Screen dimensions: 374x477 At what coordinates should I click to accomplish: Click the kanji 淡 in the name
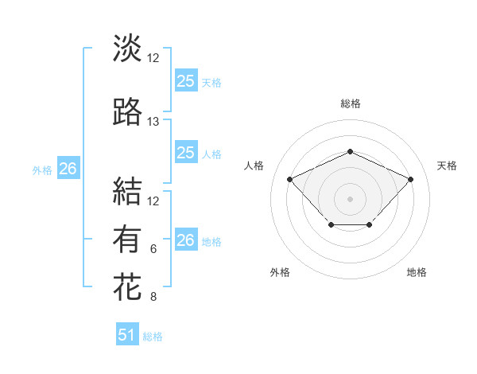pos(127,48)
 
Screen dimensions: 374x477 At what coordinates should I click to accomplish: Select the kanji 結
pos(127,191)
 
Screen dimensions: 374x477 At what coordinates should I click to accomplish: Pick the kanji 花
pos(127,286)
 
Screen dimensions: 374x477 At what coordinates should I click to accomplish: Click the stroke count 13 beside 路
pos(153,122)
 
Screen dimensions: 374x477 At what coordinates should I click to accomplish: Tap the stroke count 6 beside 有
pos(153,249)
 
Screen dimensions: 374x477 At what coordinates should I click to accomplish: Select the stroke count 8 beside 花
pos(153,298)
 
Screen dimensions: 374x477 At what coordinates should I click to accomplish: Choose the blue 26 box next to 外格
pos(68,169)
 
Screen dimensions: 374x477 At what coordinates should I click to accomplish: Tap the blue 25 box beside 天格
pos(185,80)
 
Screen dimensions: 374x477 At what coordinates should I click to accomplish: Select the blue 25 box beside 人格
pos(185,153)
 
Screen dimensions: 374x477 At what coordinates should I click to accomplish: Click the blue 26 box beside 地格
pos(185,240)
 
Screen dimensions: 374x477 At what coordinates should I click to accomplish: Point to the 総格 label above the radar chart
pos(350,103)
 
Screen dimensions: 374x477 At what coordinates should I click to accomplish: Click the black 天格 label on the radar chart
pos(447,166)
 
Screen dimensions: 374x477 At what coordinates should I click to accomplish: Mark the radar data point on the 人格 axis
pos(290,179)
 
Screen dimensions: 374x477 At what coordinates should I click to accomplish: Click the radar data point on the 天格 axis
pos(410,179)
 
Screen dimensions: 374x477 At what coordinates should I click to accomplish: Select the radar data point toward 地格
pos(370,226)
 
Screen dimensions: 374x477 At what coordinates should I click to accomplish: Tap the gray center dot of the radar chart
pos(350,198)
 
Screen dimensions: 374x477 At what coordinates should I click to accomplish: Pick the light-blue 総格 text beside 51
pos(153,337)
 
